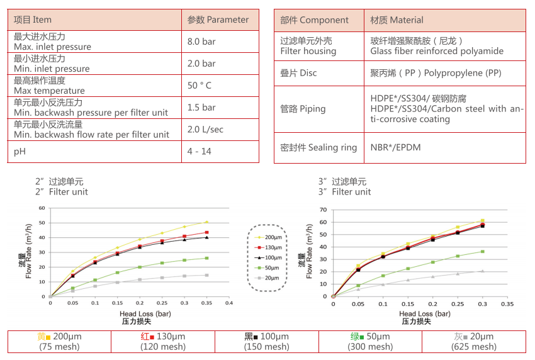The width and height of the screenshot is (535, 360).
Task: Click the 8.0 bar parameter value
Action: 201,42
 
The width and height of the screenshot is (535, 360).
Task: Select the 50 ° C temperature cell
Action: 200,86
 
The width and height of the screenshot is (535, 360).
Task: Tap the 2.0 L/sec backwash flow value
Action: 205,130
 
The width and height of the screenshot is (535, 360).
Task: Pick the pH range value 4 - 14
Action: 200,152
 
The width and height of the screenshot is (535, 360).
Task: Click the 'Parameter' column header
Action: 218,20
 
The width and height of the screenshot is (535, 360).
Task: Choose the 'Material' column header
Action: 397,20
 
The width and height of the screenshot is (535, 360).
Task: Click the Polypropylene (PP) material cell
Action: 436,73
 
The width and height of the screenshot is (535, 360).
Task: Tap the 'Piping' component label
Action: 303,108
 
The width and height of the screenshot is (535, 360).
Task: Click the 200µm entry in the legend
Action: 268,237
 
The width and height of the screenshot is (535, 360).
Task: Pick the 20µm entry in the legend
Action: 268,278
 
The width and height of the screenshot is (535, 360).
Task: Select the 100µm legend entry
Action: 268,258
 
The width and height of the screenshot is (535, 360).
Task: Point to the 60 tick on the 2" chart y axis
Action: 42,208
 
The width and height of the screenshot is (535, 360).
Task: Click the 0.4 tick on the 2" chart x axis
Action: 229,303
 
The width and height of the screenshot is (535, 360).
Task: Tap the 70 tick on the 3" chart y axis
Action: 324,210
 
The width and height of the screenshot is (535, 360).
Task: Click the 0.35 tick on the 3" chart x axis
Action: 507,303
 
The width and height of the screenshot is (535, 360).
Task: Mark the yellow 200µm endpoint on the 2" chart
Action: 206,222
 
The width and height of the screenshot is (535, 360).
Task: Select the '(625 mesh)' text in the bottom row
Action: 475,347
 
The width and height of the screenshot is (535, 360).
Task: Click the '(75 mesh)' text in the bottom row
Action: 59,347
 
